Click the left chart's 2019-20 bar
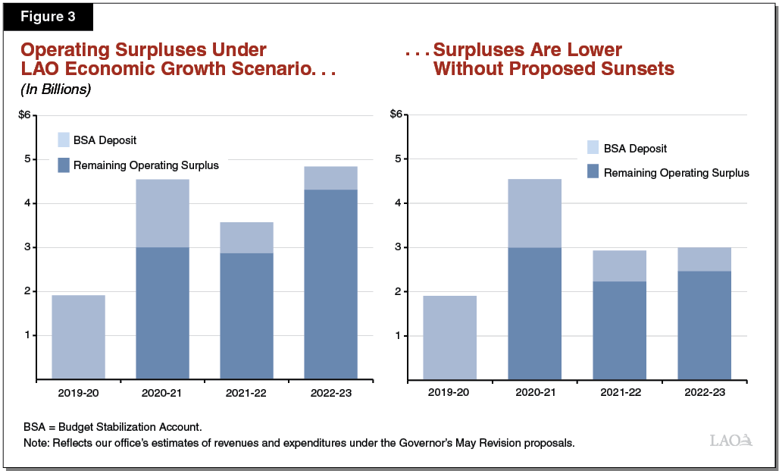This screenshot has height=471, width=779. tap(78, 337)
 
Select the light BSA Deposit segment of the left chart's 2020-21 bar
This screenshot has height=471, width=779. tap(162, 213)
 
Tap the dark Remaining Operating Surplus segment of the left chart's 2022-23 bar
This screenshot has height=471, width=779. tap(330, 284)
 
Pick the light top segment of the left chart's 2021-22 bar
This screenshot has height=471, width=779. tap(246, 237)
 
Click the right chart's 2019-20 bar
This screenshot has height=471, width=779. tap(450, 337)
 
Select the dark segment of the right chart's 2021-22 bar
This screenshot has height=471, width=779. tap(619, 330)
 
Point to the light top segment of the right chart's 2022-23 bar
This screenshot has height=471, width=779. tap(704, 259)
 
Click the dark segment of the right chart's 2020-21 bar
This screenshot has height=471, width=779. tap(534, 312)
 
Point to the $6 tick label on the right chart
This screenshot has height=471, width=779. tap(396, 115)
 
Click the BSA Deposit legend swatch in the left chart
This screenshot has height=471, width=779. tap(64, 140)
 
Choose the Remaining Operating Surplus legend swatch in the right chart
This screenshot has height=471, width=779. tap(593, 172)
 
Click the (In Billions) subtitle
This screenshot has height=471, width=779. tap(56, 89)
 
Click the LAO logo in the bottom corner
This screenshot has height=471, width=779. tap(731, 440)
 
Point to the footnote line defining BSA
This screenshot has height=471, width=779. tap(112, 427)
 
